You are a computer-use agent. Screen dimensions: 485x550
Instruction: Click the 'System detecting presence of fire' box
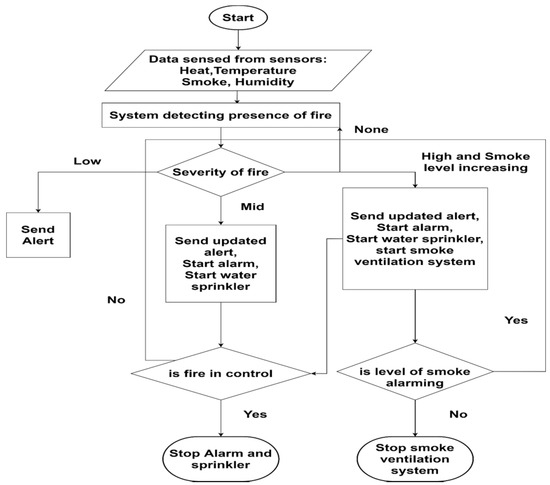tap(219, 116)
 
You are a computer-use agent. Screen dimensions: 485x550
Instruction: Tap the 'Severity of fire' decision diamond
tap(219, 172)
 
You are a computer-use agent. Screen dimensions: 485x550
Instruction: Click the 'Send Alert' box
tap(31, 236)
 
